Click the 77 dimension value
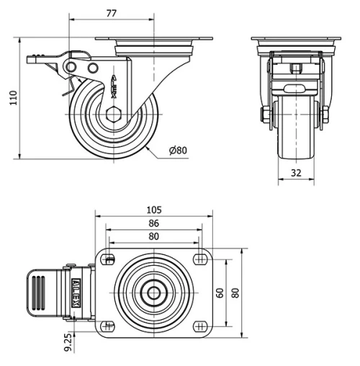coord(112,12)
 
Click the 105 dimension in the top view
coord(153,210)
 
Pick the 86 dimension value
coord(153,223)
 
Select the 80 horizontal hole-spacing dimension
coord(153,236)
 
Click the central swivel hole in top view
coord(153,293)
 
